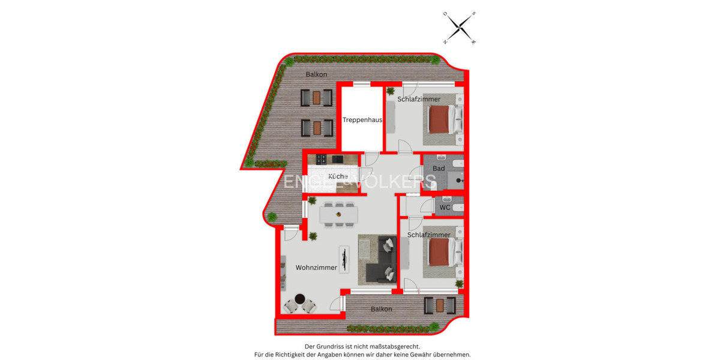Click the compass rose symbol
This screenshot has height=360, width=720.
tap(459, 28)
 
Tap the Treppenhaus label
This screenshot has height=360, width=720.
tap(362, 120)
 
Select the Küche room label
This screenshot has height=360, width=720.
tap(338, 176)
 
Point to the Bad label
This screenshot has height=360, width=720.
tap(439, 169)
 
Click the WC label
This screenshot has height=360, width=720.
tap(445, 208)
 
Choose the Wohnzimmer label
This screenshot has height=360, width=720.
tap(316, 268)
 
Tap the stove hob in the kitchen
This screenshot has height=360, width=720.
tap(321, 159)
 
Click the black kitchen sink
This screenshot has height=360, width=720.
tap(337, 159)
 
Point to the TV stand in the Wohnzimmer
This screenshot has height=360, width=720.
tap(344, 259)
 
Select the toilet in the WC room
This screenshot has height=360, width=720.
tap(457, 208)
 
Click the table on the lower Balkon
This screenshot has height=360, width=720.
tap(440, 305)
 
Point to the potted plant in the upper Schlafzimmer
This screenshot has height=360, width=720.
tap(391, 91)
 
